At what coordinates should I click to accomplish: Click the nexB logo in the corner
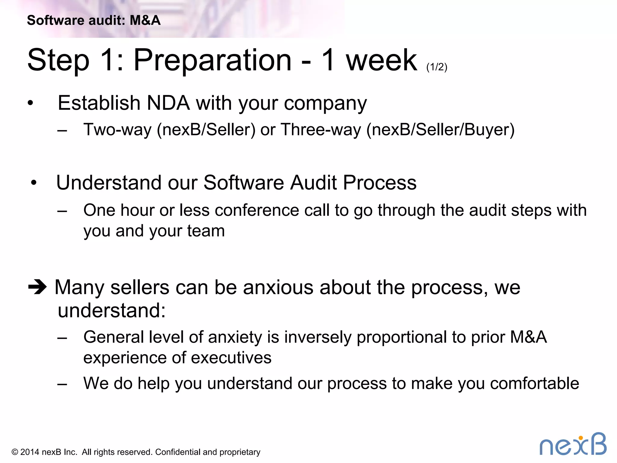[573, 444]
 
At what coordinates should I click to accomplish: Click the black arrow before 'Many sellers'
[37, 287]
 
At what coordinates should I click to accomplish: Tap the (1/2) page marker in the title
[437, 67]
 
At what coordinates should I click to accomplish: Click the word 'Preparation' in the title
[212, 60]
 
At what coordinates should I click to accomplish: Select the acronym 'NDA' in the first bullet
[168, 103]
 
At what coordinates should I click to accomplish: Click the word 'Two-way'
[117, 130]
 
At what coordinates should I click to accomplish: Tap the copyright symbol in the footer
[15, 452]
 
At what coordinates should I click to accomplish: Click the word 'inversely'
[318, 337]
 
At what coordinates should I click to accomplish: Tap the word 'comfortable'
[534, 383]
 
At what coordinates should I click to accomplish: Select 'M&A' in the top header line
[145, 20]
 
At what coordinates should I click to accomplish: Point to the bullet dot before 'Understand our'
[34, 183]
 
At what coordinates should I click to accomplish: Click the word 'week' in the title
[381, 60]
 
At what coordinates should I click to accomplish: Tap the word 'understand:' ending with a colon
[112, 310]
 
